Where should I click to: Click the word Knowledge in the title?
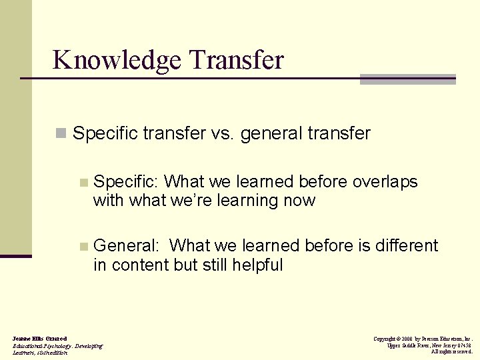coord(117,60)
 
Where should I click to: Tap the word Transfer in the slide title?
coord(236,60)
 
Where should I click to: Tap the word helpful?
coord(257,265)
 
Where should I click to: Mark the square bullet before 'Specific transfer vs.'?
coord(61,134)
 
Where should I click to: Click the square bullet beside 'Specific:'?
coord(83,182)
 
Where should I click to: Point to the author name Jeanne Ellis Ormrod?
coord(39,339)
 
